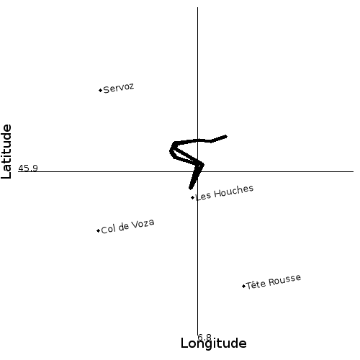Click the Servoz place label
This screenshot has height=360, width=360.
tap(119, 88)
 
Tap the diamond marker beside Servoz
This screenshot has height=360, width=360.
tap(101, 90)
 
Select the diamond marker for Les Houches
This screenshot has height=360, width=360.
tap(192, 197)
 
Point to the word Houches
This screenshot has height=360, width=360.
tap(233, 192)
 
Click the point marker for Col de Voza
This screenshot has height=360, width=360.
tap(98, 230)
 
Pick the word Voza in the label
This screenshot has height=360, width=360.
tap(143, 224)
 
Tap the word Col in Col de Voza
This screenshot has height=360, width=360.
tap(108, 229)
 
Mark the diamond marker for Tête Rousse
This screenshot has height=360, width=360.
tap(243, 286)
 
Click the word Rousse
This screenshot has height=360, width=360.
tap(284, 280)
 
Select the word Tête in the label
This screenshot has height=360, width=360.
tap(256, 284)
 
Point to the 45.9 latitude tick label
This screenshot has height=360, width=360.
tap(28, 168)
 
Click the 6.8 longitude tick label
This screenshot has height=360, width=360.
tap(204, 337)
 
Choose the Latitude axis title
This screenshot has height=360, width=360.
tap(6, 151)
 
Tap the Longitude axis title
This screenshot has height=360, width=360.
tap(213, 343)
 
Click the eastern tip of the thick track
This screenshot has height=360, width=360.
tap(226, 137)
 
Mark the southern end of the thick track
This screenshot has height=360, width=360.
tap(190, 188)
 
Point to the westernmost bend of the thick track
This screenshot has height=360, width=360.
tap(171, 151)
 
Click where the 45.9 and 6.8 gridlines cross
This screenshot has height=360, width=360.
tap(198, 171)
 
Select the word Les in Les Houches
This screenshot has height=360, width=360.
tap(203, 197)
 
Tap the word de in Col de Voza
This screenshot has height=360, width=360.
tap(123, 227)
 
